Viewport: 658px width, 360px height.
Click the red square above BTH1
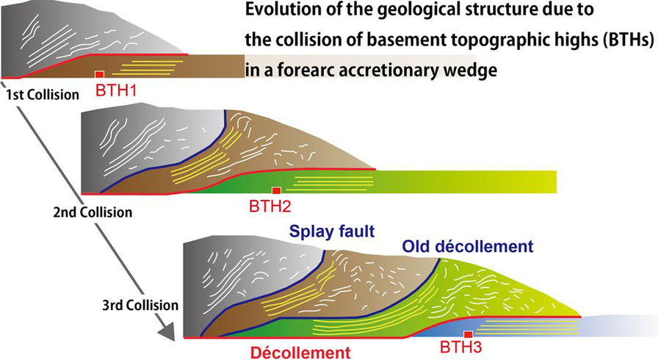click(99, 74)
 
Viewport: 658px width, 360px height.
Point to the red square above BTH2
click(276, 190)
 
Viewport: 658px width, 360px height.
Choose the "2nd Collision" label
click(93, 212)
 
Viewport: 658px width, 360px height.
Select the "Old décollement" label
click(466, 246)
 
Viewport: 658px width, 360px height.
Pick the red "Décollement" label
click(297, 350)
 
